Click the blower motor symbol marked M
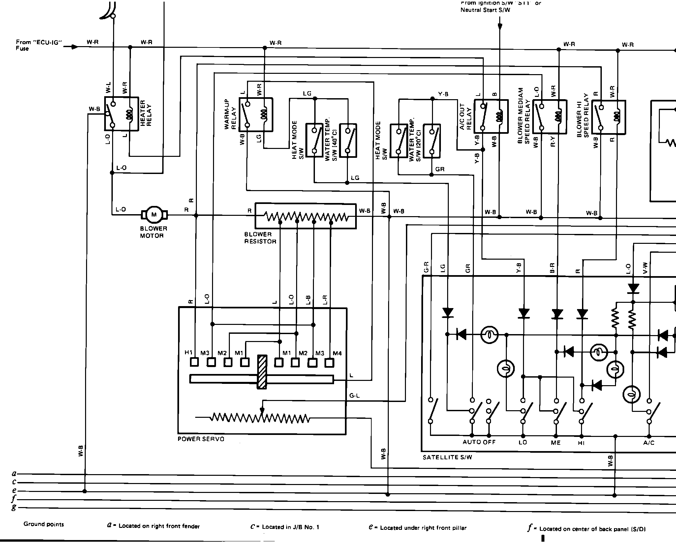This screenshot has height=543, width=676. coord(154,215)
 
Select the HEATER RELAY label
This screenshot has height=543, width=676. coord(146,113)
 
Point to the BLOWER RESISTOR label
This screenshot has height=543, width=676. coord(260,238)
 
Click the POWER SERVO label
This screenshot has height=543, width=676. coord(201,439)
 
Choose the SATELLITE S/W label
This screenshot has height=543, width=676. coord(447,457)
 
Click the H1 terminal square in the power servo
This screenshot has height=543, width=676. coord(194,362)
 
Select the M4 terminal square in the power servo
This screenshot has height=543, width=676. coord(329,362)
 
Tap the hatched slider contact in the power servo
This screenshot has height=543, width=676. coord(262,372)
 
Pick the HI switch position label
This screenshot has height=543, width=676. coord(581,443)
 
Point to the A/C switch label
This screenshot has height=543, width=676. coord(649,443)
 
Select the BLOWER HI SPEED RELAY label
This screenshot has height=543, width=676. coord(583,115)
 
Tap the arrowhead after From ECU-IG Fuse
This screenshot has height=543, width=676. coord(75,47)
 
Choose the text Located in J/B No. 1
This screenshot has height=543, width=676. coord(290,527)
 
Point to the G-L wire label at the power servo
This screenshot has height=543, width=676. coord(354,396)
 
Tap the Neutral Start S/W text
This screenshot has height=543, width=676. coord(485,10)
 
